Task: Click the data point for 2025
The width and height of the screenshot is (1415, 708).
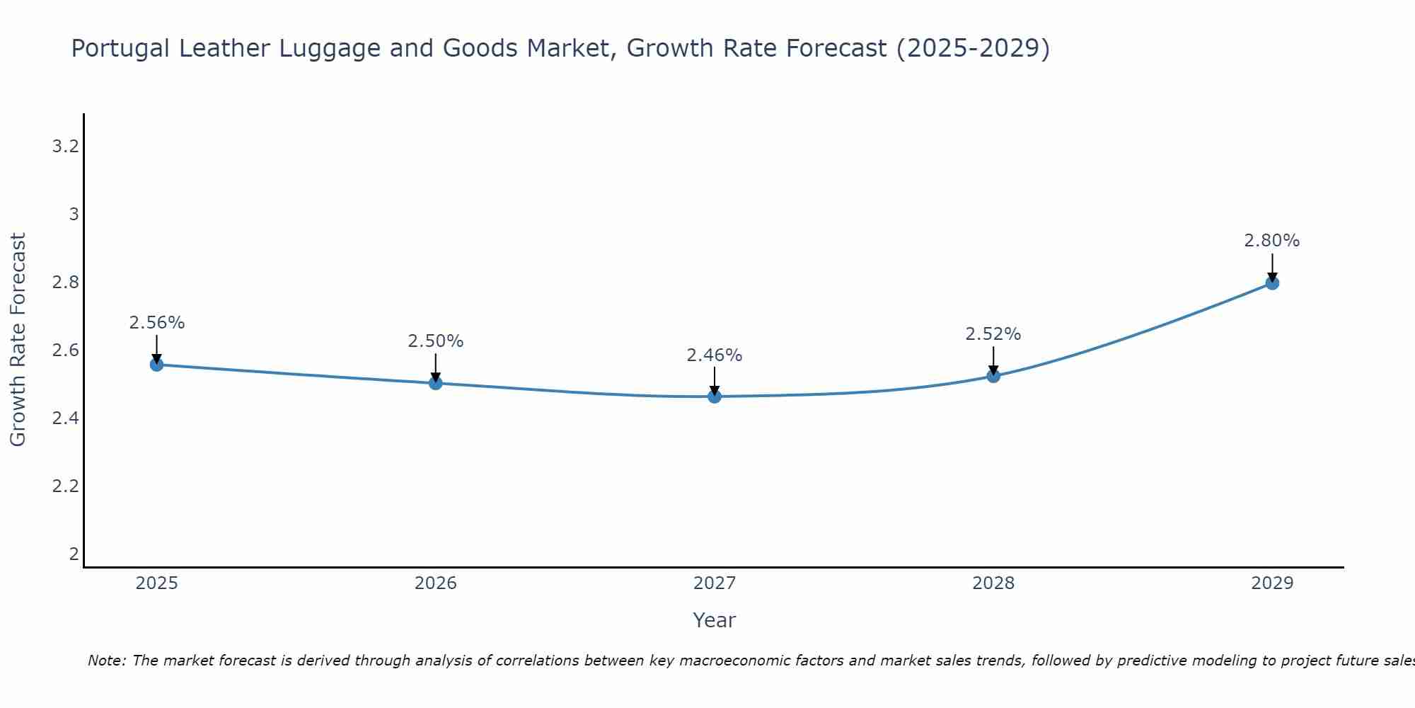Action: (x=157, y=365)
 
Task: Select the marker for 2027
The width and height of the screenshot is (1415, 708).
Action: (x=715, y=396)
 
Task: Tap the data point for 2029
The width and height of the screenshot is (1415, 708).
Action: (x=1272, y=283)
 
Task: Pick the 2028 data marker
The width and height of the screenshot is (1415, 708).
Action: (x=993, y=376)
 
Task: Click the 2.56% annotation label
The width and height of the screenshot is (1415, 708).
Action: (x=157, y=323)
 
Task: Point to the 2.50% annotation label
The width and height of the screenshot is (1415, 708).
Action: (x=436, y=341)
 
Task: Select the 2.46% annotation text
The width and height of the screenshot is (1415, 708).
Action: (x=715, y=355)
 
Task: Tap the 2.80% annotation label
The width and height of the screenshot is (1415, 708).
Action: (x=1272, y=241)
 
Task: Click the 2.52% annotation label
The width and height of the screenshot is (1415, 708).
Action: (x=993, y=334)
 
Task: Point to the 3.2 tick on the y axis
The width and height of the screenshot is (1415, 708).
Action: (x=65, y=147)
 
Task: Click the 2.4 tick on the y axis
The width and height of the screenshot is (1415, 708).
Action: (x=65, y=418)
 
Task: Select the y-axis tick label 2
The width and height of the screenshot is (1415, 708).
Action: (x=74, y=554)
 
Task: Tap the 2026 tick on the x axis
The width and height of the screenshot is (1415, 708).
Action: (x=436, y=583)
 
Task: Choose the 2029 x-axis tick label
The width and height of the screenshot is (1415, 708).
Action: (x=1272, y=583)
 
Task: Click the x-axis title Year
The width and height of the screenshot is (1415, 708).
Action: (x=715, y=620)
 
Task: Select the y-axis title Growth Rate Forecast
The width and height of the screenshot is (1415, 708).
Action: (x=18, y=340)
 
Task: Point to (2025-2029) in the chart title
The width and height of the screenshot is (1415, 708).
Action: (x=973, y=49)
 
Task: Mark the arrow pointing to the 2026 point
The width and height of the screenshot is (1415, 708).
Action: (x=436, y=367)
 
